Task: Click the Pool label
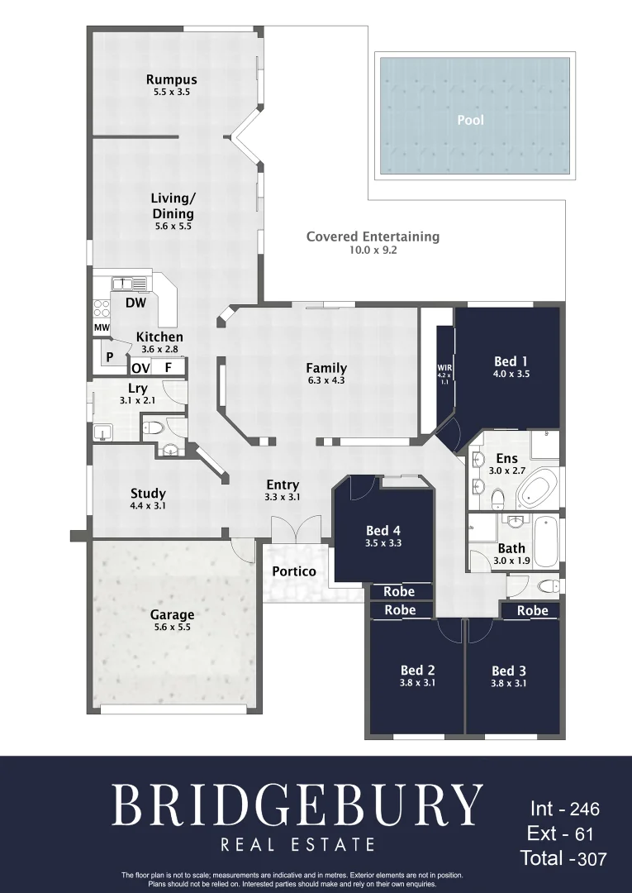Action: pyautogui.click(x=470, y=120)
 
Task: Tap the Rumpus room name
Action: pyautogui.click(x=172, y=80)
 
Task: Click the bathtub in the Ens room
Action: pyautogui.click(x=539, y=489)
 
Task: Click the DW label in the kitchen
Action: pyautogui.click(x=135, y=303)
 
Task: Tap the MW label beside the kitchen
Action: pyautogui.click(x=102, y=328)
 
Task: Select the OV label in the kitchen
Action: pyautogui.click(x=140, y=368)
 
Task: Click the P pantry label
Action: pyautogui.click(x=109, y=357)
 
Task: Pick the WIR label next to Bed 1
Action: pyautogui.click(x=444, y=367)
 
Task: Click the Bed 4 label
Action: pyautogui.click(x=383, y=531)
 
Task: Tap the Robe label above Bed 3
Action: pyautogui.click(x=532, y=611)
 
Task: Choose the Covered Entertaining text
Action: pyautogui.click(x=373, y=236)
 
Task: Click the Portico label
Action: pyautogui.click(x=294, y=571)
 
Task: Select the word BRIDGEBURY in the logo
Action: pyautogui.click(x=297, y=805)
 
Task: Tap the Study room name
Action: pyautogui.click(x=148, y=494)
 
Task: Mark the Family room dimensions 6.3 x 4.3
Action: pyautogui.click(x=326, y=381)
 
